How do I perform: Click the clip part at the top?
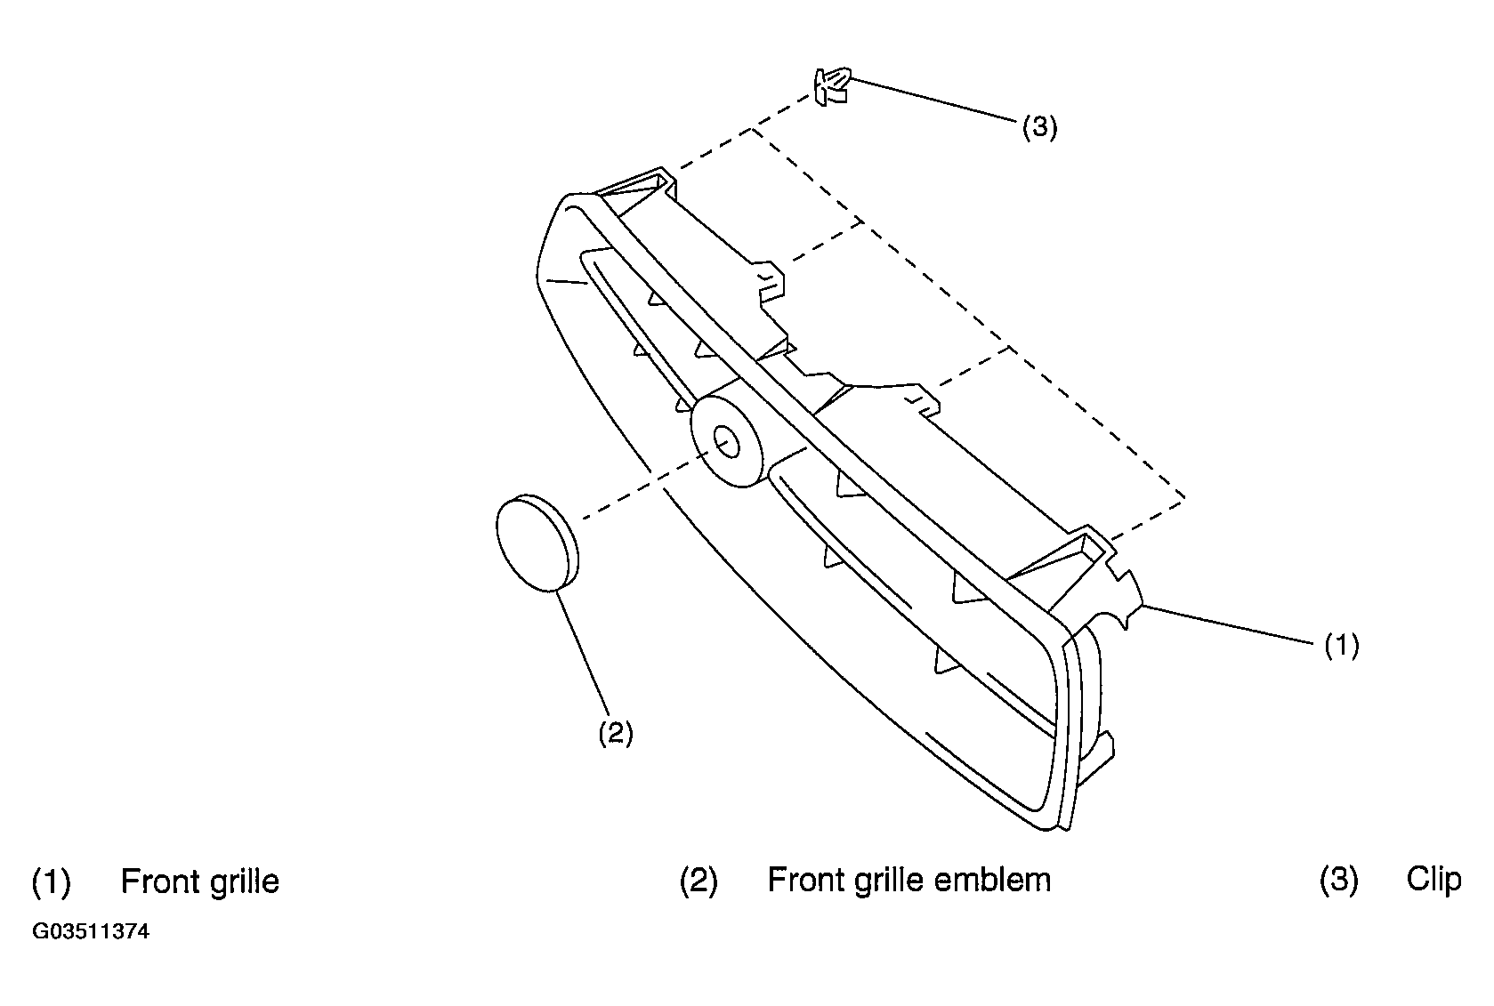tap(831, 86)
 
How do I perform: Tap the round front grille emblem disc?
tap(537, 543)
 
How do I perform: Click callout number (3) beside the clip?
tap(1040, 126)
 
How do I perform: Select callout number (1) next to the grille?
tap(1341, 646)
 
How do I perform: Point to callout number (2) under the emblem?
tap(615, 733)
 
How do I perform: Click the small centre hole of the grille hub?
tap(727, 443)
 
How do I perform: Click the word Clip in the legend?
tap(1434, 880)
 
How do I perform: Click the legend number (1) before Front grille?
tap(51, 881)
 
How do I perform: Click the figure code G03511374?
tap(91, 931)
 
